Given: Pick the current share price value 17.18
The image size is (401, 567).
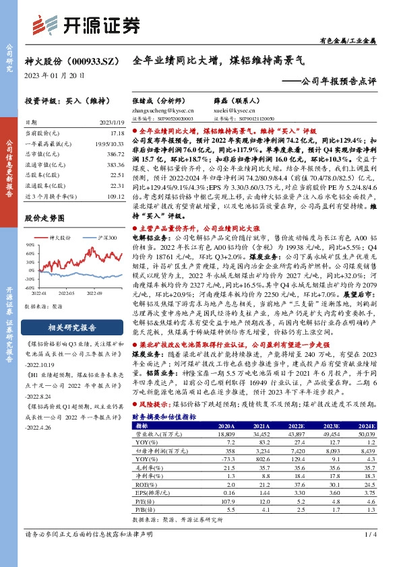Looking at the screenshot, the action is [x=117, y=134].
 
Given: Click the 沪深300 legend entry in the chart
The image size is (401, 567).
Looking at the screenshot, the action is [x=105, y=237].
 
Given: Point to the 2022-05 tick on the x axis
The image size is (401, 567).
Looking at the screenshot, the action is [x=65, y=294].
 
